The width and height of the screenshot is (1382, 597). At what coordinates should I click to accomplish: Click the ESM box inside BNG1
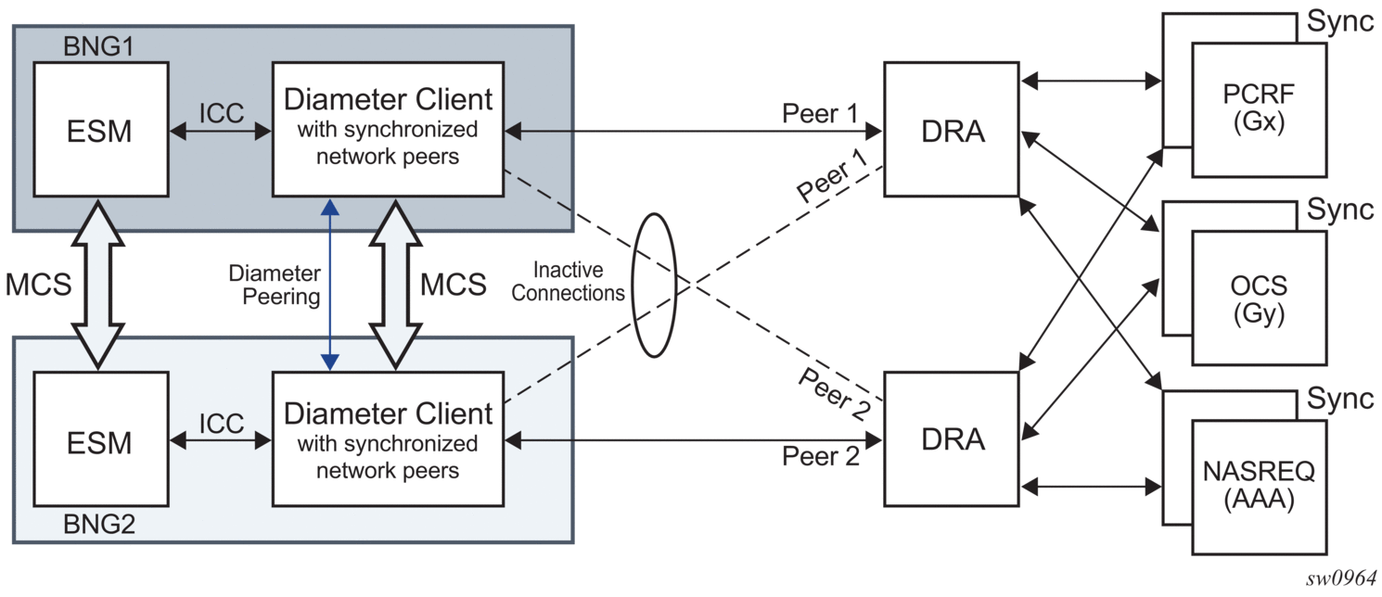coord(100,129)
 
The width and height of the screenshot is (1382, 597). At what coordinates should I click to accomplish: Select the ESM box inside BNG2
coord(100,440)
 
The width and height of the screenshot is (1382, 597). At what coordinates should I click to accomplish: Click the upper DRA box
coord(952,130)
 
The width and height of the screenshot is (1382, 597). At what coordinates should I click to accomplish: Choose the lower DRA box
coord(952,438)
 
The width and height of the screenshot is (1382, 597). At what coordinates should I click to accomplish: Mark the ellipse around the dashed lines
coord(654,285)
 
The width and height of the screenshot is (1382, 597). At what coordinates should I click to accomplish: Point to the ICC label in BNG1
coord(221,112)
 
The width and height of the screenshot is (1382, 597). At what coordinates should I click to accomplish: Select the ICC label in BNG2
coord(221,424)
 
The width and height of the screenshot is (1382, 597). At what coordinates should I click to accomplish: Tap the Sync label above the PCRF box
coord(1340,21)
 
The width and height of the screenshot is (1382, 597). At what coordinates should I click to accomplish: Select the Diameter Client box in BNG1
coord(388,129)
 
